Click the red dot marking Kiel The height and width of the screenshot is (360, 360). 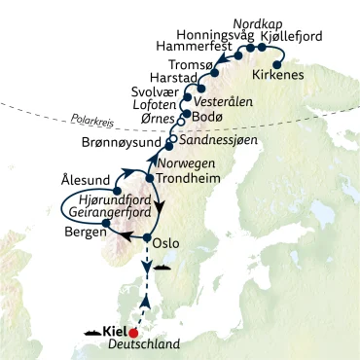point(134,331)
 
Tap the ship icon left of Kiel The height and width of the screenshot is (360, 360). point(95,331)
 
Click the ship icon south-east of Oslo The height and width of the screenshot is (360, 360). point(163,265)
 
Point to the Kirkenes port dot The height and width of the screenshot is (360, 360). point(277,62)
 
